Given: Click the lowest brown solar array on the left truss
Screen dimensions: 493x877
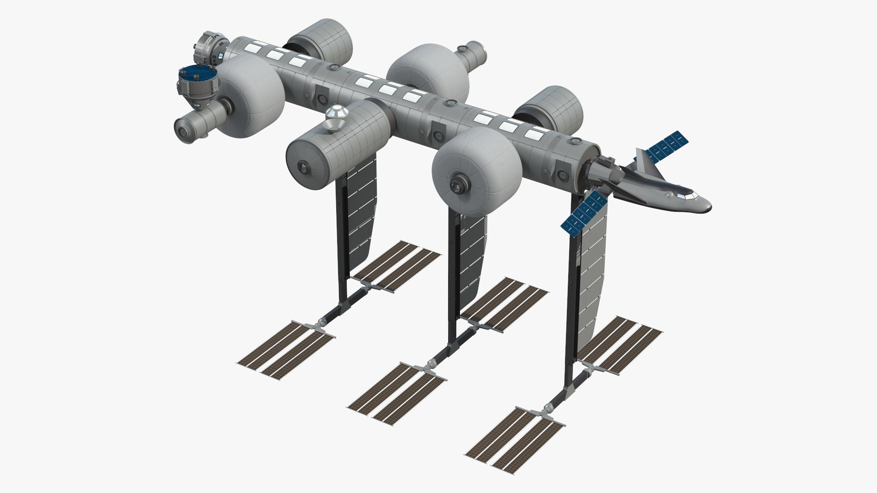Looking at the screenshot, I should [x=285, y=342].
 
